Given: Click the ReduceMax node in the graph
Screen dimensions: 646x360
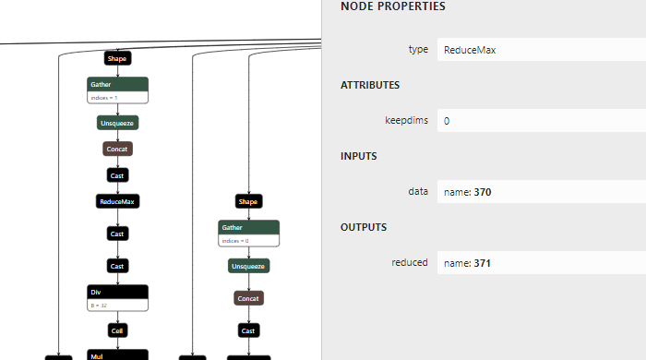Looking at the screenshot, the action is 117,200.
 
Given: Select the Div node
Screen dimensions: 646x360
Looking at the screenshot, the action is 117,292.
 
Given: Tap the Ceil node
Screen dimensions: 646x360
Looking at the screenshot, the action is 117,330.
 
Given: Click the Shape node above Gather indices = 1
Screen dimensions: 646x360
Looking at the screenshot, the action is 117,58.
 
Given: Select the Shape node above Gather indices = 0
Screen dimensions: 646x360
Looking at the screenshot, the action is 248,200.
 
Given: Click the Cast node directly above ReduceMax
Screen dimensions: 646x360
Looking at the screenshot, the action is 117,174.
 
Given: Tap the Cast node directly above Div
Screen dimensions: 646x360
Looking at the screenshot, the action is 117,266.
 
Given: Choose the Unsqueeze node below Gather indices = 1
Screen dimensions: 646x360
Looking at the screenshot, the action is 117,122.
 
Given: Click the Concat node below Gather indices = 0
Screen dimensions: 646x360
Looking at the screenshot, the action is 248,298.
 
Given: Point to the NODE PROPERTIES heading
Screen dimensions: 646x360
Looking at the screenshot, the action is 393,6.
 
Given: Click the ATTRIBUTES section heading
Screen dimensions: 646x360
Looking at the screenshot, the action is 370,85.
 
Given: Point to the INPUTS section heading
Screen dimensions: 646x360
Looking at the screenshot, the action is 359,156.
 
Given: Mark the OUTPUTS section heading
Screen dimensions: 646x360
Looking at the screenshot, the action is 364,227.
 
